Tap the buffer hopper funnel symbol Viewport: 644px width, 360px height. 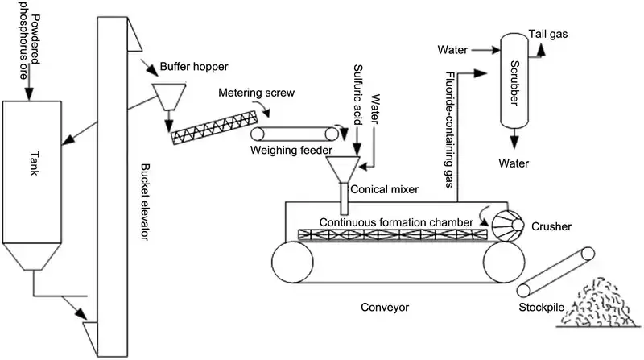pyautogui.click(x=168, y=97)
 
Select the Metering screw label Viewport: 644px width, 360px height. pyautogui.click(x=257, y=93)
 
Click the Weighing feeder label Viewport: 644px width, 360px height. pyautogui.click(x=285, y=151)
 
